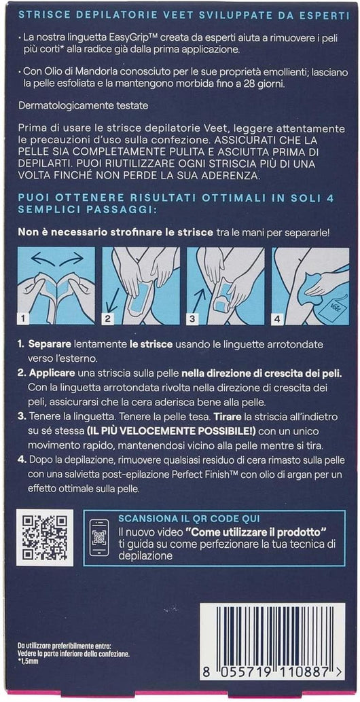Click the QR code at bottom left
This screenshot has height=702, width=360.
tap(46, 537)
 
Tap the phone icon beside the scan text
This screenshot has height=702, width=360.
tap(99, 538)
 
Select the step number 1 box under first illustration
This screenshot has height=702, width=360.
tap(23, 317)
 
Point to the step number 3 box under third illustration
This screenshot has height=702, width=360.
tap(194, 317)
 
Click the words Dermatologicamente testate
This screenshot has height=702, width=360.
tap(73, 107)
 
